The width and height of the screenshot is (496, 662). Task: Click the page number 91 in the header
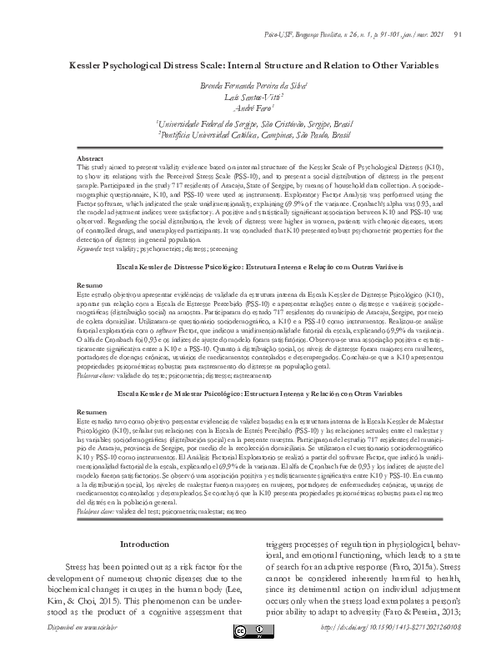[x=458, y=35]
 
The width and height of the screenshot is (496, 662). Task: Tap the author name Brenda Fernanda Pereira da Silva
[x=248, y=86]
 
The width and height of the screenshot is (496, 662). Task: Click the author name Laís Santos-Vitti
[x=248, y=98]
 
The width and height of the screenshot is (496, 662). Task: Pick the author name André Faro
[x=248, y=109]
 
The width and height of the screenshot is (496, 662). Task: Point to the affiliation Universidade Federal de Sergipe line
[x=248, y=122]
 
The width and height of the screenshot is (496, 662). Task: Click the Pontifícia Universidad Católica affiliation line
[x=248, y=133]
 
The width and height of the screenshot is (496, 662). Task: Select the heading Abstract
[x=90, y=158]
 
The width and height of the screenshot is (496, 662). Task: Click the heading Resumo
[x=89, y=284]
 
